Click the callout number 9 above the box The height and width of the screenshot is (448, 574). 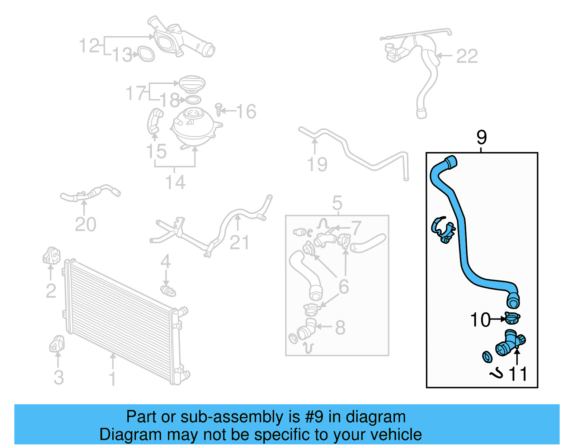click(x=481, y=138)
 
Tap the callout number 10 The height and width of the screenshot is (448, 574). click(x=480, y=320)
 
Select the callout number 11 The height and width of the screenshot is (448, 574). click(x=518, y=374)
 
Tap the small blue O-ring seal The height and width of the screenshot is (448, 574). click(x=487, y=357)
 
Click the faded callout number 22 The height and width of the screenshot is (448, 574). click(x=467, y=56)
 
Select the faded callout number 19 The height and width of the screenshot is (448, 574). click(x=317, y=164)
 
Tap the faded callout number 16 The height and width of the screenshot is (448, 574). click(x=246, y=112)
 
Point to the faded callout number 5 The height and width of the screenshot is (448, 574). click(x=337, y=203)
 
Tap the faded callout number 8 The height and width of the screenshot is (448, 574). click(x=340, y=327)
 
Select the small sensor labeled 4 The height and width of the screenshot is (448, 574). click(x=168, y=291)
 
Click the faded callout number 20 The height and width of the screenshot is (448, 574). click(x=85, y=225)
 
